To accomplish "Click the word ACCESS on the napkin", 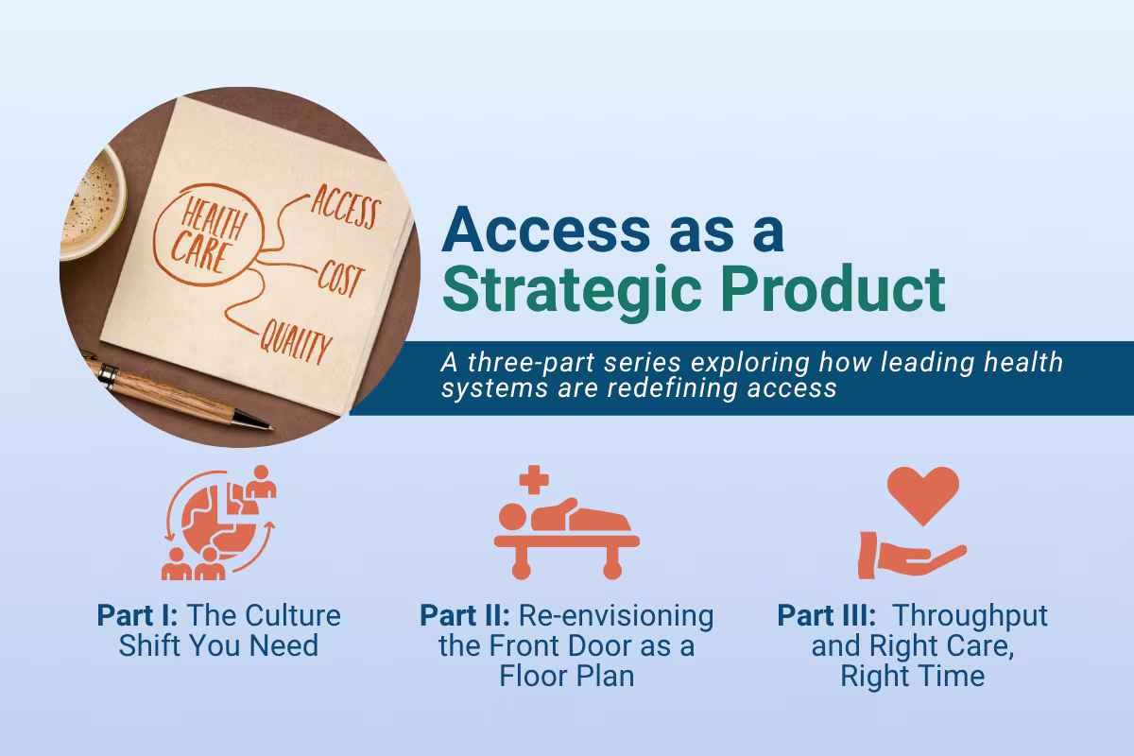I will [344, 208].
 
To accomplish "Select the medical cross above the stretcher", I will [534, 479].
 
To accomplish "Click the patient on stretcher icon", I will [567, 534].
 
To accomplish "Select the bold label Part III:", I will [828, 616].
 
